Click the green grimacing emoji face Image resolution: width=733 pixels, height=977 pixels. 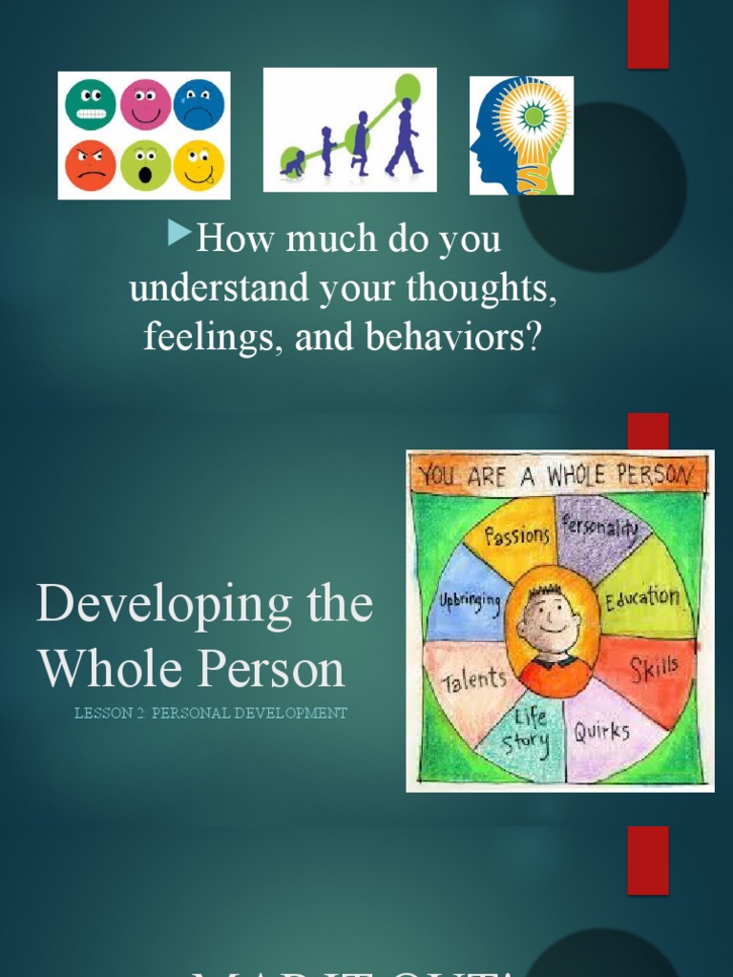91,104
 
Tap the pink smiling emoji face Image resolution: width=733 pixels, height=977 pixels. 145,104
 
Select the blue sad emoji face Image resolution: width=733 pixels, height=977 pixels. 199,104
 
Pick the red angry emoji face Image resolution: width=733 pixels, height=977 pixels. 91,165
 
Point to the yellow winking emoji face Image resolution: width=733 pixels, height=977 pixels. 199,165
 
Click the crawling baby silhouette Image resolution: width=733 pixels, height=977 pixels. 293,164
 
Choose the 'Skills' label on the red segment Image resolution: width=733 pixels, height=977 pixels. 654,668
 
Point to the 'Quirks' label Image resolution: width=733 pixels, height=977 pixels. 601,732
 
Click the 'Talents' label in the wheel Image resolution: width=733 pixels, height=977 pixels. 473,680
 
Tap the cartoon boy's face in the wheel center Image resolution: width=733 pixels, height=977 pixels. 551,620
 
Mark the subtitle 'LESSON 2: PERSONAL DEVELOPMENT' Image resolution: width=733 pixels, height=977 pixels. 211,714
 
